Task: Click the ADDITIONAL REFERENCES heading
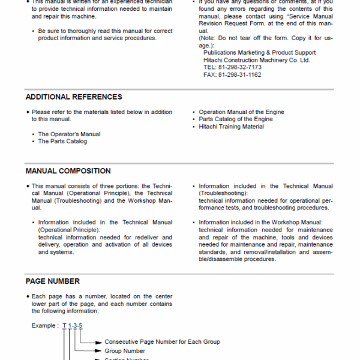[74, 97]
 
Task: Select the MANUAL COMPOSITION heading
[68, 171]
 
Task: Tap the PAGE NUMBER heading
[52, 281]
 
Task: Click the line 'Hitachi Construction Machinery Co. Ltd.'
[257, 60]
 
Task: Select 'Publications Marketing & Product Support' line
[259, 53]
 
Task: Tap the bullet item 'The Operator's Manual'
[69, 134]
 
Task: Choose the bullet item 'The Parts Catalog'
[62, 142]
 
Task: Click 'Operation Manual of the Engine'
[241, 112]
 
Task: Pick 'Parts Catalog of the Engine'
[235, 119]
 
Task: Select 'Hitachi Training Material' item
[231, 127]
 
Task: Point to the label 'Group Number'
[125, 351]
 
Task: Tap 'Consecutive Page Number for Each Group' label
[162, 342]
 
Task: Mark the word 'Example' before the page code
[44, 326]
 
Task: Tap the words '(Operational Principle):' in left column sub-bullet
[69, 230]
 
